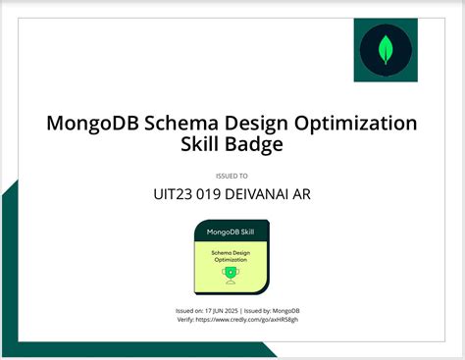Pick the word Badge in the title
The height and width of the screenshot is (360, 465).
255,146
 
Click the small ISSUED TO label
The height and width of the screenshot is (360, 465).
232,177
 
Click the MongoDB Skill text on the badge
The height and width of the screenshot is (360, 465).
231,233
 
